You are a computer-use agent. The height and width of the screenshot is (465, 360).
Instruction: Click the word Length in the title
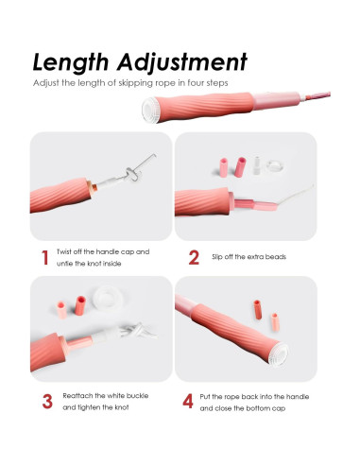coord(72,62)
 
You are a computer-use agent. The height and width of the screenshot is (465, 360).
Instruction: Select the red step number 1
coord(43,258)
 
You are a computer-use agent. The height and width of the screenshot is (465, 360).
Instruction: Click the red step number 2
coord(194,258)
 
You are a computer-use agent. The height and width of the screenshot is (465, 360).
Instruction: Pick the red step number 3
coord(46,401)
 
